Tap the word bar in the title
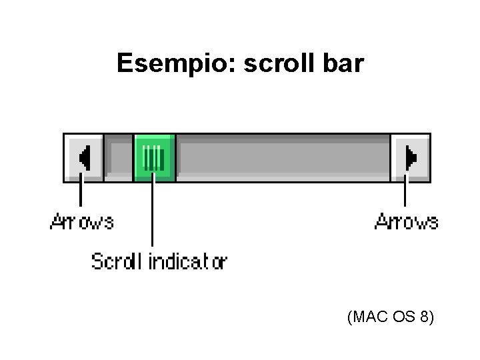(344, 63)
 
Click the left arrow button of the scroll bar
(83, 157)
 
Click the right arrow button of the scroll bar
(410, 157)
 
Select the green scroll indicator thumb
(154, 157)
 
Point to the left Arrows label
(82, 221)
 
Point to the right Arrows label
(407, 221)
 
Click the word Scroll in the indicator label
(117, 261)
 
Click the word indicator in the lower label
(187, 261)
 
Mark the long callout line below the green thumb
(153, 213)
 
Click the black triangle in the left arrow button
(85, 158)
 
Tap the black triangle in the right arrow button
(411, 158)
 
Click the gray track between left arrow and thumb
(119, 157)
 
